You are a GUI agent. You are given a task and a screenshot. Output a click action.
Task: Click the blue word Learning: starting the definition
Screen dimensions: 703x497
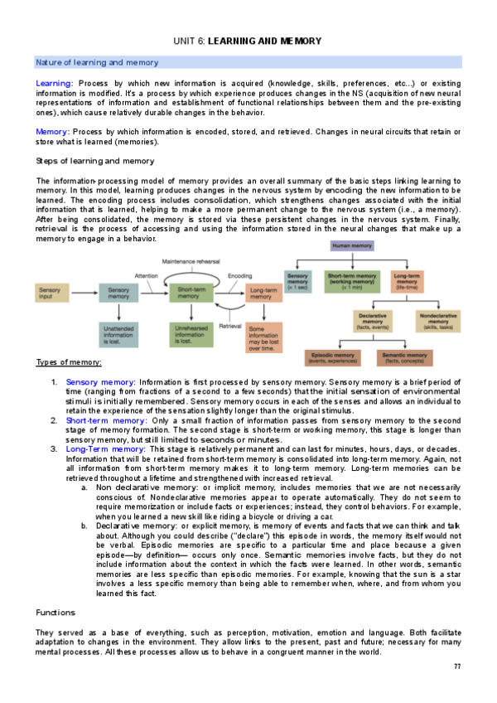click(x=55, y=84)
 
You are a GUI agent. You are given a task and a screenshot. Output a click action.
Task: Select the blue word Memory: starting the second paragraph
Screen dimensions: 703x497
click(x=53, y=131)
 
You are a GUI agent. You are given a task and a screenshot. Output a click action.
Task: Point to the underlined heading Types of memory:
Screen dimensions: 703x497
click(x=69, y=362)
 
